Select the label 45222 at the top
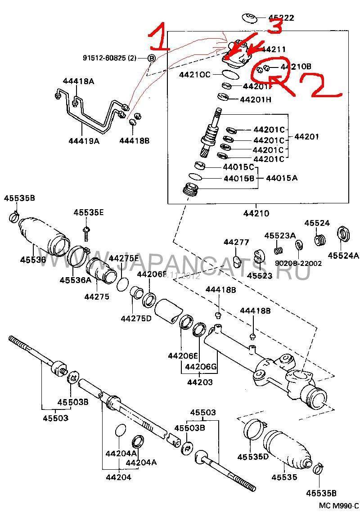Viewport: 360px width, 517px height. (282, 18)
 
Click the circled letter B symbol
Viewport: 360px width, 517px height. (151, 58)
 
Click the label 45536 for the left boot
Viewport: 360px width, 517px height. (33, 260)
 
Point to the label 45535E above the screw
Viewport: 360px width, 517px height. (89, 212)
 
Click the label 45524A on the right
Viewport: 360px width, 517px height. (343, 256)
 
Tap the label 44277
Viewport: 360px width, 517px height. (236, 243)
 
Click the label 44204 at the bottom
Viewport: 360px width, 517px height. (118, 477)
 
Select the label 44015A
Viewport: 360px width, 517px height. (282, 178)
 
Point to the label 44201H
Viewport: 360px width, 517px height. (256, 99)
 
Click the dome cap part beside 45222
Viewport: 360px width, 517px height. (249, 18)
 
